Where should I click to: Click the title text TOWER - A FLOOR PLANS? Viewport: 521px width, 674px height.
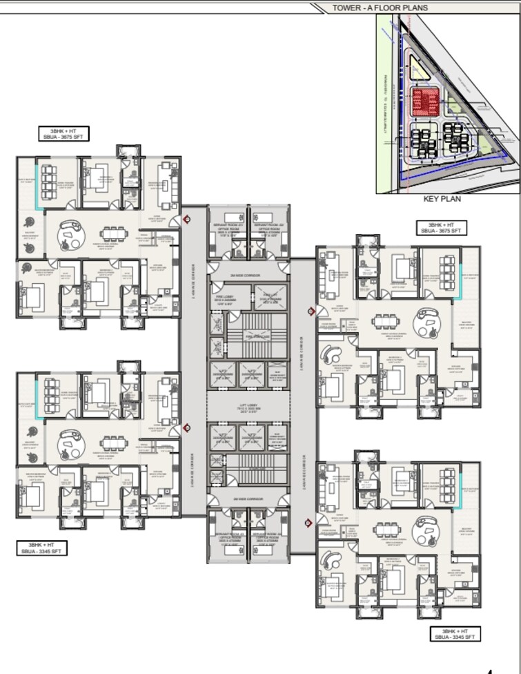(x=380, y=8)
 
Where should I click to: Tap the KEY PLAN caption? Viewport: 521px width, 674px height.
(x=442, y=198)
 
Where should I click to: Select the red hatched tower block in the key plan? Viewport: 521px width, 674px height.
(x=426, y=102)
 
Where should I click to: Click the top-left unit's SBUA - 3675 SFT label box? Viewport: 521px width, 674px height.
(x=64, y=134)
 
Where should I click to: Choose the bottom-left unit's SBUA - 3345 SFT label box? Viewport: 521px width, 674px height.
(x=43, y=548)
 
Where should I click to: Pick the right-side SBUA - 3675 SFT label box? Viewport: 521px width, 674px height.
(x=441, y=229)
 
